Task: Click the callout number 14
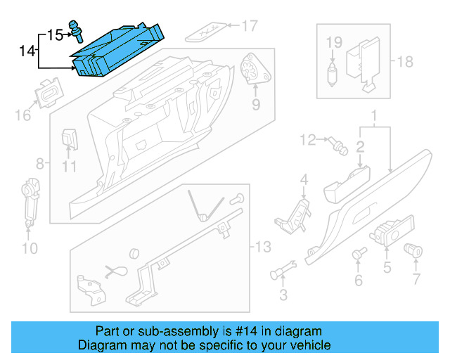[x=27, y=51]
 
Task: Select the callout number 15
[x=55, y=33]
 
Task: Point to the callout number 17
[x=250, y=27]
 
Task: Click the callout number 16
[x=22, y=114]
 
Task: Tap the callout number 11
[x=68, y=167]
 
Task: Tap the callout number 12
[x=307, y=141]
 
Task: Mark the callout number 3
[x=283, y=293]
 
